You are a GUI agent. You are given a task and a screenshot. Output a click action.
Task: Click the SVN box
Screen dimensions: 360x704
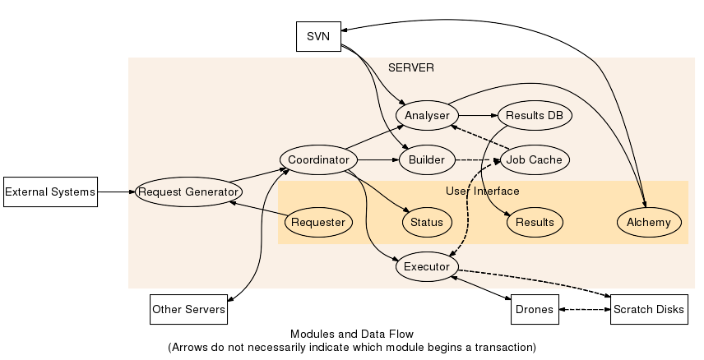(x=318, y=37)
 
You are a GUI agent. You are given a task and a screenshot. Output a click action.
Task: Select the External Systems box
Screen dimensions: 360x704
(x=50, y=192)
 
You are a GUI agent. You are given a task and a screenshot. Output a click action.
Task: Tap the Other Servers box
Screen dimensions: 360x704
(x=188, y=310)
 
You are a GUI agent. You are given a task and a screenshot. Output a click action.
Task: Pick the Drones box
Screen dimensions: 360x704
(x=533, y=310)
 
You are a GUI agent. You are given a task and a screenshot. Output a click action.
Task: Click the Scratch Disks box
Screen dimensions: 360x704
(x=648, y=310)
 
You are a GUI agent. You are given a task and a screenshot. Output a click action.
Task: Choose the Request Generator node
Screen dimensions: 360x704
(x=188, y=192)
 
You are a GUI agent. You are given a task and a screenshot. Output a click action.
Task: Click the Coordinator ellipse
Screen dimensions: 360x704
(x=318, y=159)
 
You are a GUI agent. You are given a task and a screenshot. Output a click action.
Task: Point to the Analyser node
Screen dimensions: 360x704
(x=426, y=115)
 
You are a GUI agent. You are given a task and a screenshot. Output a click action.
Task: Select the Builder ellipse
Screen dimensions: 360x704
(x=426, y=159)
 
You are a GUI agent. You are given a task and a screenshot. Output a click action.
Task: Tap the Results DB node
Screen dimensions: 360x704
(x=535, y=115)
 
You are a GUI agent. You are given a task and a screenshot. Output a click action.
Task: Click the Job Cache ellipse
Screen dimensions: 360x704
(x=535, y=159)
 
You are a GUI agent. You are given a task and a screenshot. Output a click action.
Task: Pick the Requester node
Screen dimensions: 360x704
(x=318, y=222)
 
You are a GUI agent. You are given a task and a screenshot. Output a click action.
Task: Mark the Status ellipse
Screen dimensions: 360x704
(x=427, y=222)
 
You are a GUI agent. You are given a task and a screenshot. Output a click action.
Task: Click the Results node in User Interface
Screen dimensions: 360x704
(x=535, y=222)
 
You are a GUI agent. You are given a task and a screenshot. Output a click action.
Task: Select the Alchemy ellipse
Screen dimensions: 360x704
(x=649, y=222)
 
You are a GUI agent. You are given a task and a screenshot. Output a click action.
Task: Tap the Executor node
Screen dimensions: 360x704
(x=427, y=267)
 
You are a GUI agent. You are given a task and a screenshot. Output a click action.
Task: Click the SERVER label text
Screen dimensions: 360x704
(x=410, y=67)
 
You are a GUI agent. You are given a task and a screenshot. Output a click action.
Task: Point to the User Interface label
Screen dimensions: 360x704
(x=483, y=191)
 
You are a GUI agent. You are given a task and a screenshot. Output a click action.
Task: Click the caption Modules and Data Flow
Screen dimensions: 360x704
(x=351, y=335)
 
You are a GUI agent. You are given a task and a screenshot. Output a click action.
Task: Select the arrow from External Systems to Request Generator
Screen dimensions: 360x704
(x=116, y=192)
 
